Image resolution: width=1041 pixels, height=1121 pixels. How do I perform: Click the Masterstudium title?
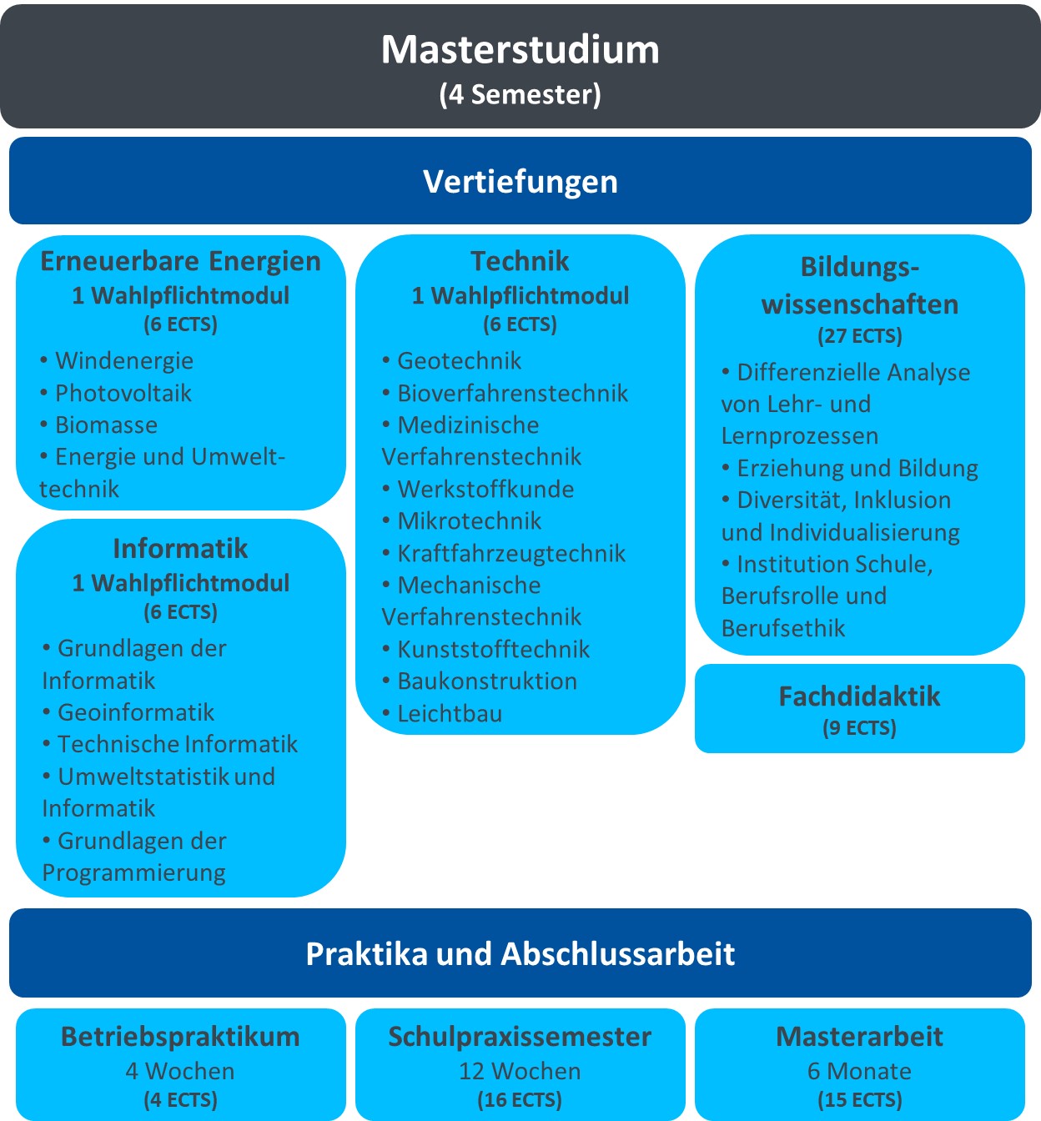click(x=520, y=50)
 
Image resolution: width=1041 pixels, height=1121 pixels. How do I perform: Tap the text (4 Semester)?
click(x=520, y=94)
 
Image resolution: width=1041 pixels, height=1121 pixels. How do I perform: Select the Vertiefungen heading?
click(x=520, y=182)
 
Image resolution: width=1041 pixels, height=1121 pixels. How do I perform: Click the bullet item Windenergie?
click(x=117, y=360)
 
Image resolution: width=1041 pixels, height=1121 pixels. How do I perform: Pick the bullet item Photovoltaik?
click(x=116, y=393)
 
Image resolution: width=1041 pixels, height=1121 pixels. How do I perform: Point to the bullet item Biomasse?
click(x=98, y=425)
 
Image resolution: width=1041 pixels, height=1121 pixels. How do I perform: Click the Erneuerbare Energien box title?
click(x=181, y=261)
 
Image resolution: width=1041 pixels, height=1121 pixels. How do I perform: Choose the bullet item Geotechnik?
click(x=451, y=360)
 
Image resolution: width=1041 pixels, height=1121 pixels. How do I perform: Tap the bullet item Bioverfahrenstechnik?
click(x=505, y=393)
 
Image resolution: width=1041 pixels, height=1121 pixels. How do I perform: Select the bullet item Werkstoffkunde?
click(x=478, y=489)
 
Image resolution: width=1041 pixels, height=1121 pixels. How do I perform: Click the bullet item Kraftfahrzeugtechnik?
click(x=504, y=553)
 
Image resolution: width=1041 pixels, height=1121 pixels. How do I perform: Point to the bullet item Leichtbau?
click(x=442, y=713)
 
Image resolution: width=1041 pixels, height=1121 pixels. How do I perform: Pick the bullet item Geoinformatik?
click(x=128, y=712)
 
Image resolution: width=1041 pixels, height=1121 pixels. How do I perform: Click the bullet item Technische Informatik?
click(x=170, y=744)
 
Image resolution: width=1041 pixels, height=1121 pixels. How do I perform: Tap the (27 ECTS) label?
click(x=860, y=336)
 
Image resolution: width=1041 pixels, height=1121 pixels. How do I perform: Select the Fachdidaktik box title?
click(x=860, y=696)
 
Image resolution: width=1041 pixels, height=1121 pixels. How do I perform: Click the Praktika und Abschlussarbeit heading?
click(x=520, y=954)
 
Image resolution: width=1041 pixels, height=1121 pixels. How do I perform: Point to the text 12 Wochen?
click(x=520, y=1071)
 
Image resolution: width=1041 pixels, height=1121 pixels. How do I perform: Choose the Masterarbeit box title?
click(x=860, y=1036)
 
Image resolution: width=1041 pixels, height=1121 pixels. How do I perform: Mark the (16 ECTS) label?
click(x=520, y=1099)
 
